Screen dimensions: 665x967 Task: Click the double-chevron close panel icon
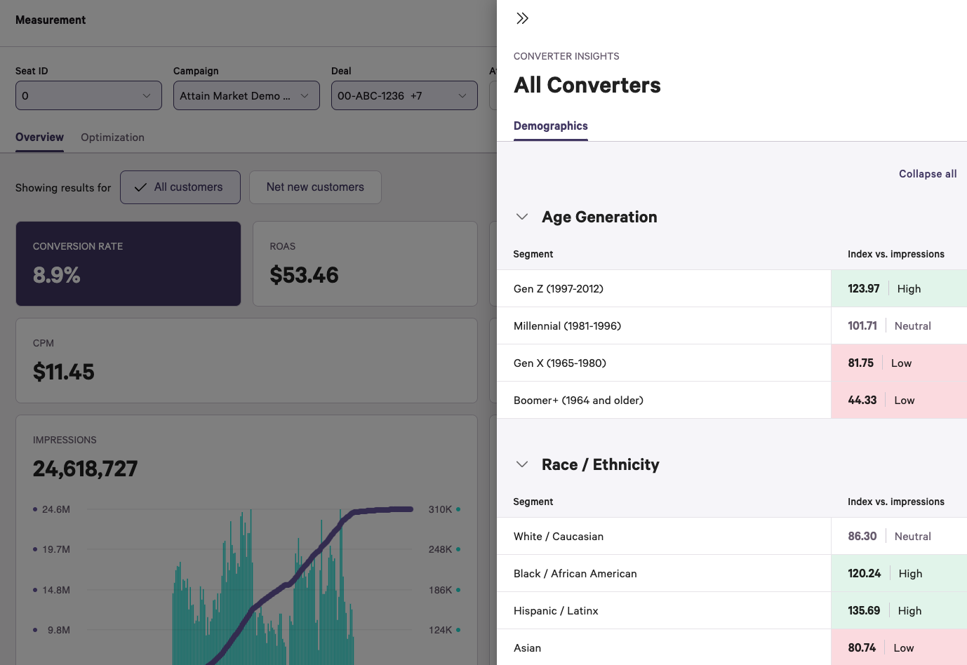522,18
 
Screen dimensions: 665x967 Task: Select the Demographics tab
550,126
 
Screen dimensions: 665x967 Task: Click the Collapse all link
927,174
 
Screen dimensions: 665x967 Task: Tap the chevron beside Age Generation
522,217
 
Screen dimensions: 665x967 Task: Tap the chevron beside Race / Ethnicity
522,464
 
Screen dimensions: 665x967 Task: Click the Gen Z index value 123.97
863,289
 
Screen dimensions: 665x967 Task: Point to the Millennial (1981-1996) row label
567,326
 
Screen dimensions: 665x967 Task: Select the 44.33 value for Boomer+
862,401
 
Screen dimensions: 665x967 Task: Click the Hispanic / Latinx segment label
556,611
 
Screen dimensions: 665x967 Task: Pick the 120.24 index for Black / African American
864,574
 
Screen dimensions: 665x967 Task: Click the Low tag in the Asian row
903,648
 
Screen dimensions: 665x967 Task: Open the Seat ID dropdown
88,96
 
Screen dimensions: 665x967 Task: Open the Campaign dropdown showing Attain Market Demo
246,96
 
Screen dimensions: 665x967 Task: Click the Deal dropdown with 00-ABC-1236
404,96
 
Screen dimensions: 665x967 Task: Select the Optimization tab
112,137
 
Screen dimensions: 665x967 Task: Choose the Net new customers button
315,187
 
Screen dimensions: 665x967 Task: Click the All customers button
180,187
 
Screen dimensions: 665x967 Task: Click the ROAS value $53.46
304,275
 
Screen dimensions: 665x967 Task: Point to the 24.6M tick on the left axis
55,509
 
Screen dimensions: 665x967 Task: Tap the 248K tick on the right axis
440,549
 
